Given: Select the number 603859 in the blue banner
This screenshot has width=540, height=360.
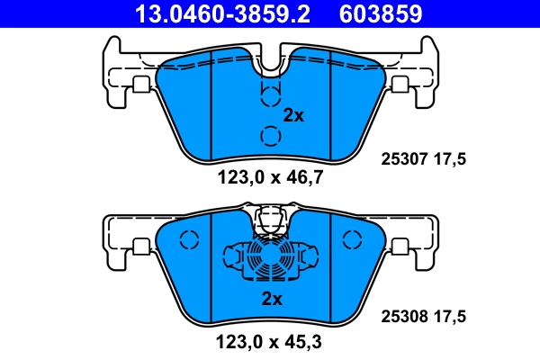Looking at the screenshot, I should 380,13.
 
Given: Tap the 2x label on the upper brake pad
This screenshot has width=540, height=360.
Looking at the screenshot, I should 294,115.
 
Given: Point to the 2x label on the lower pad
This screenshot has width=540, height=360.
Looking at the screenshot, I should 272,299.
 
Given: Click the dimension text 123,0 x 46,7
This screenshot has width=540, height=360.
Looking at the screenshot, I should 270,177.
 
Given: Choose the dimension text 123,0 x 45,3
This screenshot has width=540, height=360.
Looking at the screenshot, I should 270,343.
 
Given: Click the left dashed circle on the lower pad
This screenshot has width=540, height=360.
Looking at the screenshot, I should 188,241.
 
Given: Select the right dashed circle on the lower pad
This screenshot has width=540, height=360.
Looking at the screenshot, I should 351,239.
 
